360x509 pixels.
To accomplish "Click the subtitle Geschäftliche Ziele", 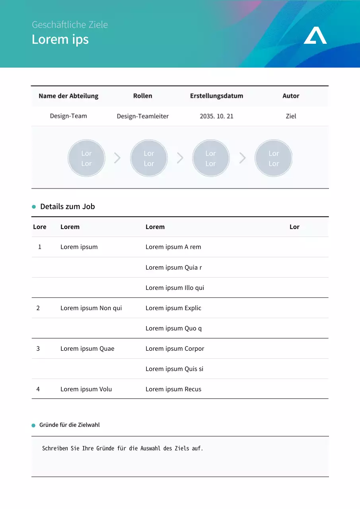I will [70, 25].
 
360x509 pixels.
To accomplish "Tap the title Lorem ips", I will [60, 39].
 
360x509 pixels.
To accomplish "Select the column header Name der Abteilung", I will [68, 96].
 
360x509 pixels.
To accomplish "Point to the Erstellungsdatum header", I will [216, 96].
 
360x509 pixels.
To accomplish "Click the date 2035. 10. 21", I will [216, 117].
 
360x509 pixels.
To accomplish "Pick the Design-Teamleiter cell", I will [142, 117].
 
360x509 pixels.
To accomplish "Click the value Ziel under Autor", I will [291, 117].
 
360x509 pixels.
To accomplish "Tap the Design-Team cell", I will [68, 116].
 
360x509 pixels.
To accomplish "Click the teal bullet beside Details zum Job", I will [34, 207].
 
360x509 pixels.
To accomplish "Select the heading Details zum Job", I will [68, 206].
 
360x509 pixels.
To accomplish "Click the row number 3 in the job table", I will [38, 349].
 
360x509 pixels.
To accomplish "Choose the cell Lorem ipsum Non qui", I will [91, 308].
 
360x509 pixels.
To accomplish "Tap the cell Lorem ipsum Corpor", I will [175, 349].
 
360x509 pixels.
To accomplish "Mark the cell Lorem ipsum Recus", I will [173, 389].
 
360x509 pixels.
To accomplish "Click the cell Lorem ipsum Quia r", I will [173, 268].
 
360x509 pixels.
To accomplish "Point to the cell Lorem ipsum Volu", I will [86, 389].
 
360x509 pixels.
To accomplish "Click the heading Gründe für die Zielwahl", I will [70, 425].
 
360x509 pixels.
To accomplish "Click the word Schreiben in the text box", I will [55, 449].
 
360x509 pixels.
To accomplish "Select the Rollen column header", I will [142, 96].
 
